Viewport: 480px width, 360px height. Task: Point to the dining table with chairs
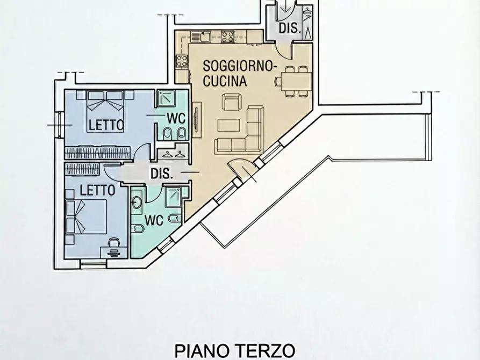tap(293, 81)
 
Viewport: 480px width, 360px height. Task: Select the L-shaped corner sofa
tap(247, 132)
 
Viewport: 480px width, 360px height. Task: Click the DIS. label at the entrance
tap(289, 29)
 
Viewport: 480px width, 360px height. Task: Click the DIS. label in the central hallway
tap(161, 174)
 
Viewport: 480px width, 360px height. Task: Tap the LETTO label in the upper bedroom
tap(106, 125)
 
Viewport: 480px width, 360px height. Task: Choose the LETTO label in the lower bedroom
tap(97, 190)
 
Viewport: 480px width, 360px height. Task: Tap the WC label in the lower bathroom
tap(154, 220)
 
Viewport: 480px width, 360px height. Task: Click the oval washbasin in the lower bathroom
tap(136, 202)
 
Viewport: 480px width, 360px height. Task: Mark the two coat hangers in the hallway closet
tap(173, 154)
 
